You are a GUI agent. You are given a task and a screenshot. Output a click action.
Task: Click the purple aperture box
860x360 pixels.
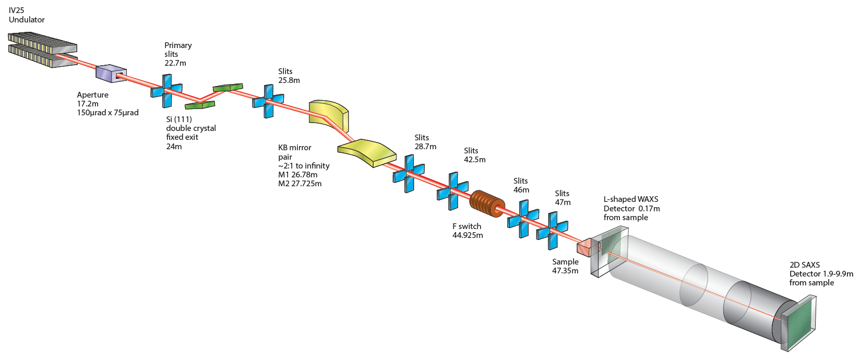click(110, 74)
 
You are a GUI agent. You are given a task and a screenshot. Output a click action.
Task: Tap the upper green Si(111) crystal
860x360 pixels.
click(229, 87)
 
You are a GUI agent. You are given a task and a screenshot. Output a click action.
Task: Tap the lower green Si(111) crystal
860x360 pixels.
click(200, 105)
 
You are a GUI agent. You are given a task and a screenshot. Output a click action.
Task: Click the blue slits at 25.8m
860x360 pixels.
click(268, 101)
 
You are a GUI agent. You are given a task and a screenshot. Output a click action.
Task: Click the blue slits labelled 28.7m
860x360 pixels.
click(409, 174)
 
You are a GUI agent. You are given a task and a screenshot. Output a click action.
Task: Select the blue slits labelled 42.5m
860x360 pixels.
click(452, 191)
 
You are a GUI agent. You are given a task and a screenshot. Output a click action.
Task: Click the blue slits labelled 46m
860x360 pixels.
click(523, 220)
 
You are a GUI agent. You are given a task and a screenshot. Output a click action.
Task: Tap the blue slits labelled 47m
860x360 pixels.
click(552, 231)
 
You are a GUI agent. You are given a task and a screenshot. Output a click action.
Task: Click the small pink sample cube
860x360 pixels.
click(584, 248)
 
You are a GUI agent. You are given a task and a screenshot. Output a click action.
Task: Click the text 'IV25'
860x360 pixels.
click(17, 10)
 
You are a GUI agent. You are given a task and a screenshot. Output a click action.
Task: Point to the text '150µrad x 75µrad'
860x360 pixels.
click(107, 113)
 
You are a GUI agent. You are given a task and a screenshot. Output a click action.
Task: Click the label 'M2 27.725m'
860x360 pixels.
click(300, 184)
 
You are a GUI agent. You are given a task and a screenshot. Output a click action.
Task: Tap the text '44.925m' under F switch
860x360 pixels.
click(468, 235)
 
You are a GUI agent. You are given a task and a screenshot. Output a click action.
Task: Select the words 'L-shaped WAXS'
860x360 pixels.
click(631, 199)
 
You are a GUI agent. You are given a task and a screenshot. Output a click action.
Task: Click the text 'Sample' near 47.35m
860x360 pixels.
click(565, 262)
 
